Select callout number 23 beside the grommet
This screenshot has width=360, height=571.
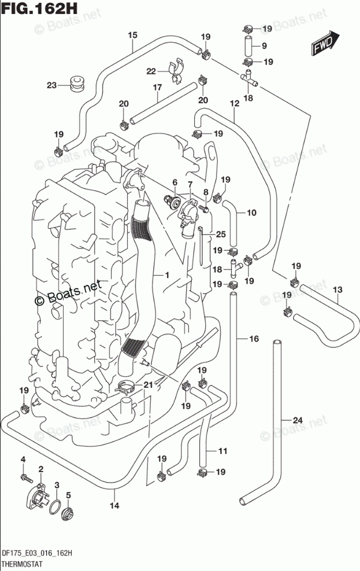52,86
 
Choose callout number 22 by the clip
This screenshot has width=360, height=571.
151,71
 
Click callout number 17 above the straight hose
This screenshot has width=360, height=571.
156,88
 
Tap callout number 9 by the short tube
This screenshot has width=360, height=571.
263,46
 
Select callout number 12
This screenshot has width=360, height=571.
233,104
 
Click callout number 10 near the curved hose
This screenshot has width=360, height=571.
251,213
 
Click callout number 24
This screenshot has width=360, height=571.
298,420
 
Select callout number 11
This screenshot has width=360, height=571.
222,451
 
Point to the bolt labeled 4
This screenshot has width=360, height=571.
24,478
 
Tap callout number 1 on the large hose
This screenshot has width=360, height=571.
166,276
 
